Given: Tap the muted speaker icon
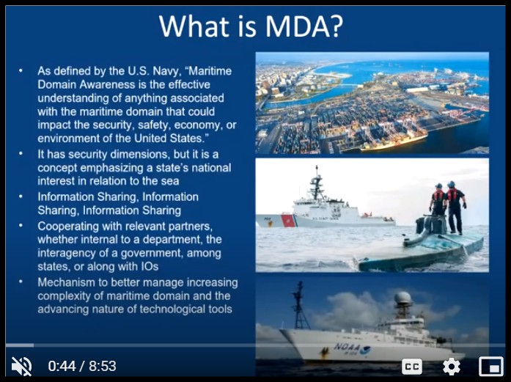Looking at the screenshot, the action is click(21, 366).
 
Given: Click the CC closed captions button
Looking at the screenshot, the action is click(412, 367).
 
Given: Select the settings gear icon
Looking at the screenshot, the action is click(452, 367).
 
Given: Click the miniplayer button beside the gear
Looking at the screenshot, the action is click(490, 367).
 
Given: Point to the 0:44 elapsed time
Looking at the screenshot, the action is click(62, 366).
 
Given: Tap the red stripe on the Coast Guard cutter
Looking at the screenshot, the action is click(288, 221).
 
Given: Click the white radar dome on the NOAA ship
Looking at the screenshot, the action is click(403, 298).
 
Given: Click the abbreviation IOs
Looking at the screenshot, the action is click(150, 266).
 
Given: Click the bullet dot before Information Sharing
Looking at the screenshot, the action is click(21, 197).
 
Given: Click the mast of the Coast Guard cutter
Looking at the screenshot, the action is click(316, 183).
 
